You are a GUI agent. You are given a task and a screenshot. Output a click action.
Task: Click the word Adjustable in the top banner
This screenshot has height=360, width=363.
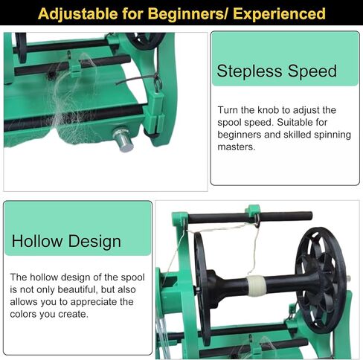(x=78, y=14)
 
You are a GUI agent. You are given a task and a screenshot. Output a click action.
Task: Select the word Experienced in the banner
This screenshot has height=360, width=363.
(x=279, y=13)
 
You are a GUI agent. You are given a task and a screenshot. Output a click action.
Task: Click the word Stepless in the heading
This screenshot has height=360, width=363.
(x=249, y=71)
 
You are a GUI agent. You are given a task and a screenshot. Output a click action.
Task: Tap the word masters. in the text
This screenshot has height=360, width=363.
(x=237, y=147)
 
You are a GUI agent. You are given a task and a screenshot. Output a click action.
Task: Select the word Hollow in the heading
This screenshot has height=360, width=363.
(x=37, y=241)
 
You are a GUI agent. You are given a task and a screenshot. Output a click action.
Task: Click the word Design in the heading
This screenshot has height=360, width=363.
(x=94, y=242)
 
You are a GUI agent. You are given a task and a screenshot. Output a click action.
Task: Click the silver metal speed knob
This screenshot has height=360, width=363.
(x=123, y=140)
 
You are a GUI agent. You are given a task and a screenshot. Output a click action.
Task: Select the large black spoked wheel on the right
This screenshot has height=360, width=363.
(x=321, y=280)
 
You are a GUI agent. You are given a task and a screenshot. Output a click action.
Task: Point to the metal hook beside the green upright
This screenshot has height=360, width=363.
(x=158, y=83)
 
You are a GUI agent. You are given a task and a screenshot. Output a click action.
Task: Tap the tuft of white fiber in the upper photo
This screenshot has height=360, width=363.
(x=73, y=99)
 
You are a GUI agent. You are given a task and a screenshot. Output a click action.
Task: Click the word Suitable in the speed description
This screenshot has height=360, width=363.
(x=295, y=122)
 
